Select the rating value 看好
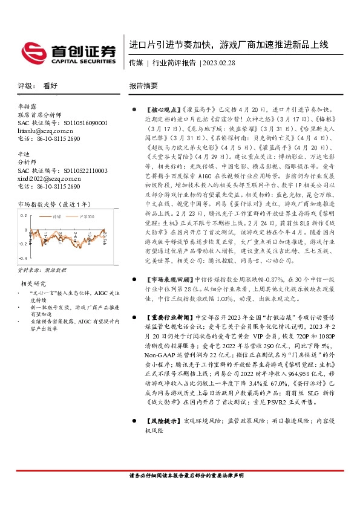[50, 86]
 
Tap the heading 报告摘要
[143, 86]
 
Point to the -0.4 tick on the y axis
[22, 259]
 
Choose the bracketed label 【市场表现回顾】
[168, 279]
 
